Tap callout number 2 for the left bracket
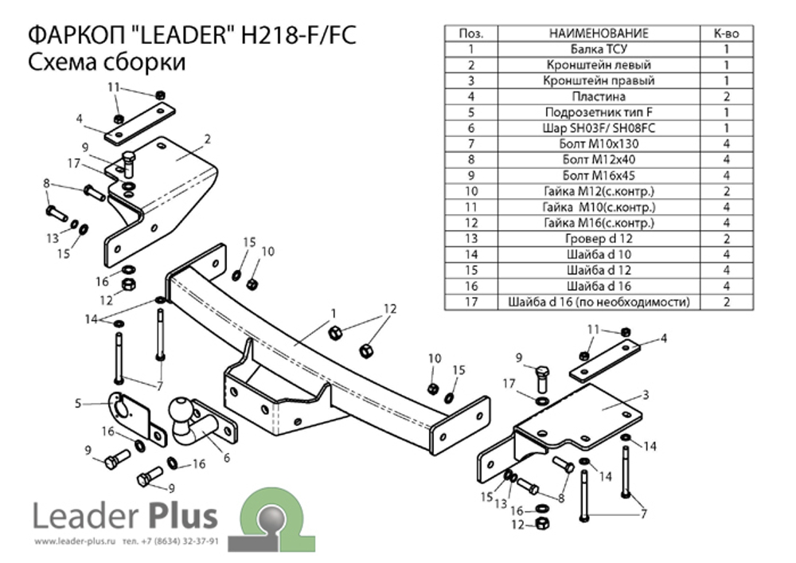[207, 139]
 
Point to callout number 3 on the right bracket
[647, 394]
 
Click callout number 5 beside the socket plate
[79, 404]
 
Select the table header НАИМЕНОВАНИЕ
[599, 33]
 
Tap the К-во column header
[726, 33]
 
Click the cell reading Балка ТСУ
[599, 49]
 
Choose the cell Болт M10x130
[599, 144]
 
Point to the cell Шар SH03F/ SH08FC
[599, 128]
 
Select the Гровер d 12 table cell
[599, 239]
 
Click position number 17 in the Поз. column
[471, 302]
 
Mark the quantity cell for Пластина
[726, 96]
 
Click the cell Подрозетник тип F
[599, 112]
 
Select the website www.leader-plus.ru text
[76, 541]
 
